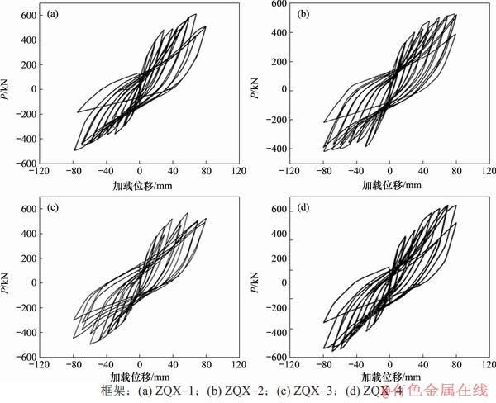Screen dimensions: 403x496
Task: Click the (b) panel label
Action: coord(303,14)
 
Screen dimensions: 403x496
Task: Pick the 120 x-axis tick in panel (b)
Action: coord(489,173)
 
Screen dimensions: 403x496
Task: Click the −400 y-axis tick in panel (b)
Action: coord(276,149)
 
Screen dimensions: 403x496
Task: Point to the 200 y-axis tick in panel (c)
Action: coord(29,258)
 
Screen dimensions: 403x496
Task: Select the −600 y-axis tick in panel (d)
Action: coord(276,357)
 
